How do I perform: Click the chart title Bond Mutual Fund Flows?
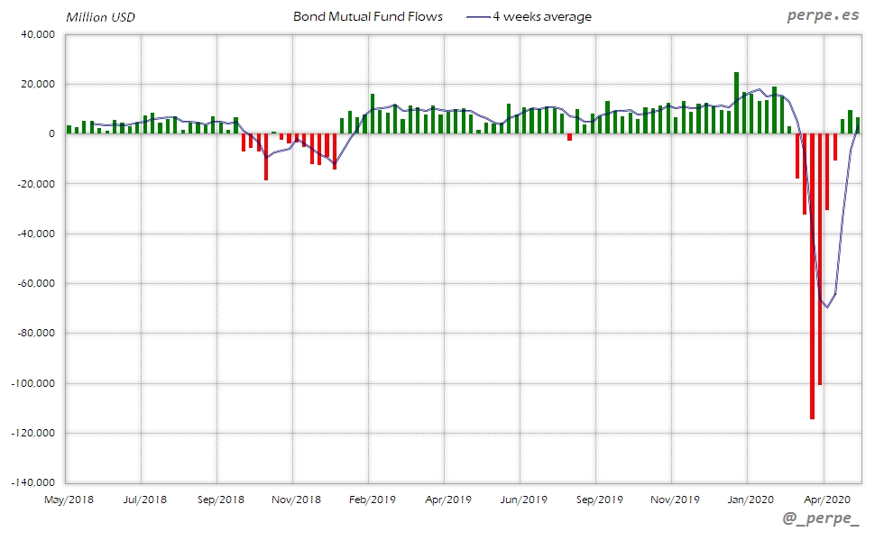tap(368, 16)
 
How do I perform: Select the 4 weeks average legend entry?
tap(541, 16)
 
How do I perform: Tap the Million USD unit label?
tap(100, 17)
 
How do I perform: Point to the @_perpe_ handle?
tap(821, 519)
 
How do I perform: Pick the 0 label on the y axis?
tap(51, 134)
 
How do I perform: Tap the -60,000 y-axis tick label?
tap(36, 284)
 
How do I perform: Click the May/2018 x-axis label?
tap(69, 499)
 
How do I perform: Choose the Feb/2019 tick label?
tap(372, 499)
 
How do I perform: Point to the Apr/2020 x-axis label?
tap(826, 499)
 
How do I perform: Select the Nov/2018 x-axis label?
tap(296, 499)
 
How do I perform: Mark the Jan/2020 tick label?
tap(750, 499)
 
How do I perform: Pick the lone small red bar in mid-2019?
tap(569, 137)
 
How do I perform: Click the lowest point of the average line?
tap(826, 307)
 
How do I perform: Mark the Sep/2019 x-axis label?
tap(599, 499)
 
